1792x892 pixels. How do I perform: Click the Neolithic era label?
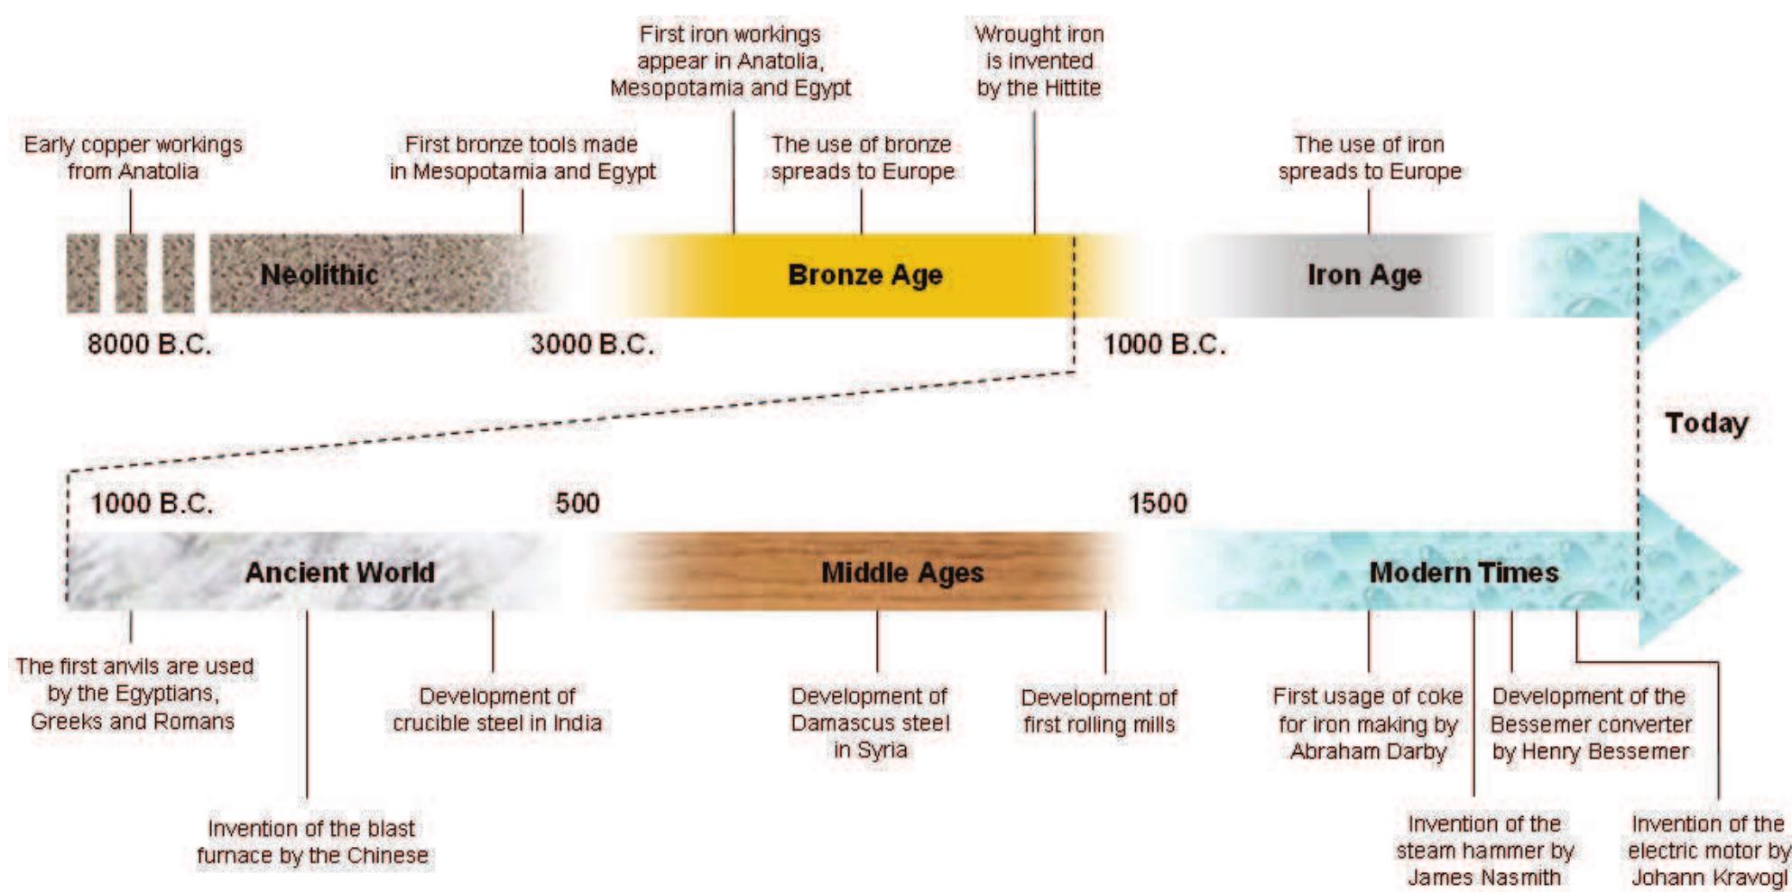pos(319,274)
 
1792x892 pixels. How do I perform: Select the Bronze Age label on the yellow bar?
pos(864,274)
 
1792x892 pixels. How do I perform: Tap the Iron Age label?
pos(1363,274)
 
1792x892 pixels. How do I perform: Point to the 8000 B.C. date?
pos(149,344)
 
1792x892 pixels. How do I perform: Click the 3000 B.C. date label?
pos(592,344)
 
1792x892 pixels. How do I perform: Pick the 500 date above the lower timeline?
pos(577,502)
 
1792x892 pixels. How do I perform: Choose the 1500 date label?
pos(1158,502)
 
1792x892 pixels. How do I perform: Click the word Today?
pos(1705,423)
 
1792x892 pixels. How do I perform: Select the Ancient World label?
pos(339,572)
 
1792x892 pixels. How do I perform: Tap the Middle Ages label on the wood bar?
pos(901,572)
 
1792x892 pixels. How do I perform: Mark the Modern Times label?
pos(1464,572)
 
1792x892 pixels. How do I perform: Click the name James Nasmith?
pos(1483,877)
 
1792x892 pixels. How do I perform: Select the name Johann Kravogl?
pos(1708,877)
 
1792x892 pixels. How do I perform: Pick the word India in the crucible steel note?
pos(577,722)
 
